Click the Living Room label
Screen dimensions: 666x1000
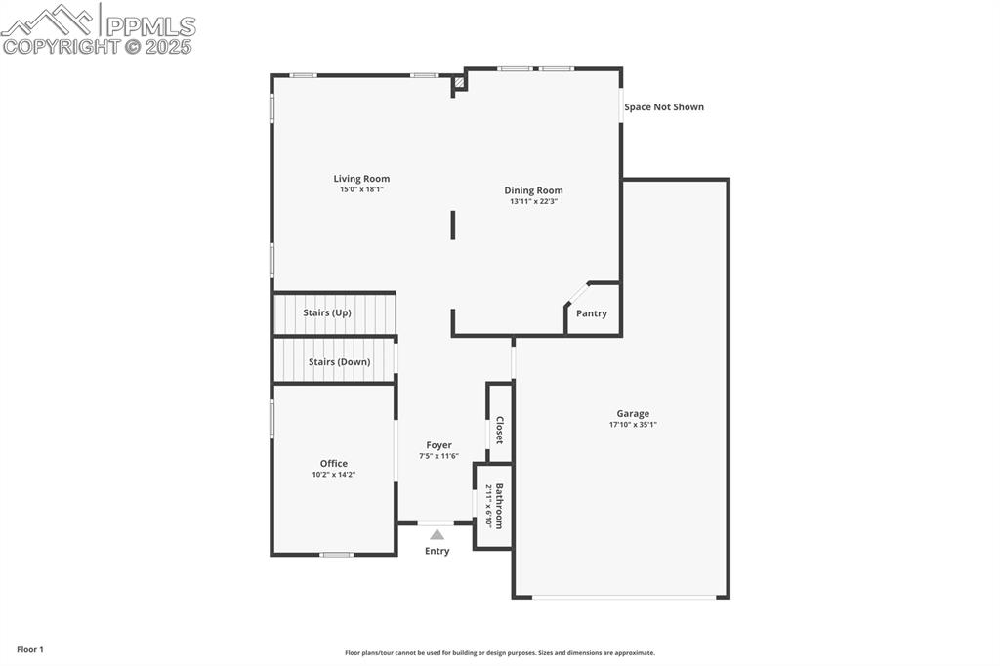(x=361, y=179)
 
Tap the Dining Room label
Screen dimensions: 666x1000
(x=533, y=190)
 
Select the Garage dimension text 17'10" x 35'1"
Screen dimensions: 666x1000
(x=632, y=425)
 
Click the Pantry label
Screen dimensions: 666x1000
(x=591, y=313)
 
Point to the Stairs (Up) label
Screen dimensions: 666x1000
(x=326, y=312)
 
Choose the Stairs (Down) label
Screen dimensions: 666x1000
(x=339, y=362)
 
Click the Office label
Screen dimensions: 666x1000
(x=333, y=464)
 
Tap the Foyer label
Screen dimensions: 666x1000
(x=438, y=445)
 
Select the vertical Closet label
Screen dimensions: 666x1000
(x=499, y=430)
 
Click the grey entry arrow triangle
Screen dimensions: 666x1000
(x=437, y=534)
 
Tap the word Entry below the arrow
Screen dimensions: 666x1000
(x=437, y=551)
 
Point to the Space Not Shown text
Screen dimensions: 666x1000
(x=664, y=107)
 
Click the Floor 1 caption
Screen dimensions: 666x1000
(x=30, y=649)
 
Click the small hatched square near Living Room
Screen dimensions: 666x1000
(x=459, y=84)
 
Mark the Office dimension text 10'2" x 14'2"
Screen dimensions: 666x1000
(x=333, y=475)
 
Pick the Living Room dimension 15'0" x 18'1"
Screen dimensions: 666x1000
(x=361, y=189)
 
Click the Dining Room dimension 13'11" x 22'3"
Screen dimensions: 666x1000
(x=533, y=201)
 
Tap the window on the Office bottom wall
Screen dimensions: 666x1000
(x=336, y=555)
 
